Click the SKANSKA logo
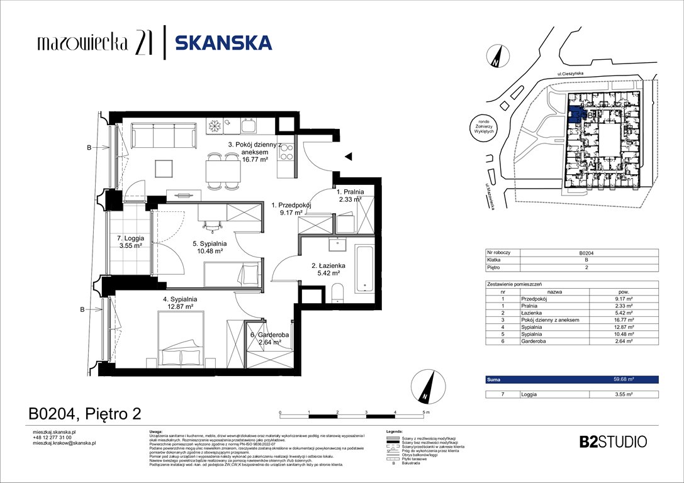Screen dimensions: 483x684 [223, 43]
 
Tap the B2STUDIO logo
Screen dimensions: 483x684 [612, 441]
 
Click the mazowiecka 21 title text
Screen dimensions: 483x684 [94, 43]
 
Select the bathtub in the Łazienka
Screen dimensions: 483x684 [364, 269]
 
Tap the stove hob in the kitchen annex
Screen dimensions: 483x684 [286, 152]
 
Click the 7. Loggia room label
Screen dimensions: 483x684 [130, 242]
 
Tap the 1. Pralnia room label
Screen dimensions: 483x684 [349, 196]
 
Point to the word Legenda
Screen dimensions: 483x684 [394, 431]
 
